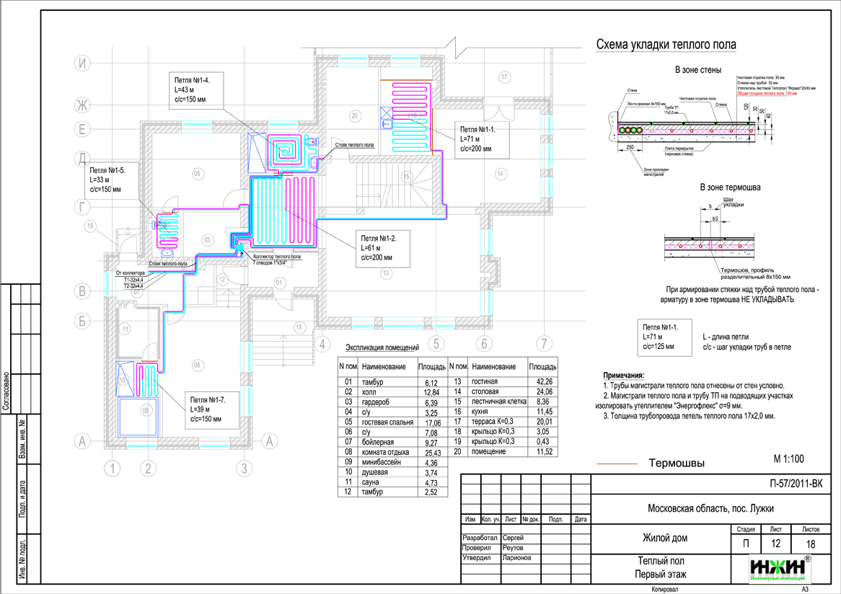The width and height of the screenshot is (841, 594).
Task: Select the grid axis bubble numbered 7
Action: (544, 343)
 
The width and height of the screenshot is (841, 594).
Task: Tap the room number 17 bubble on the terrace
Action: (504, 76)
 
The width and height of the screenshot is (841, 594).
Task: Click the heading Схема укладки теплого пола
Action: (665, 45)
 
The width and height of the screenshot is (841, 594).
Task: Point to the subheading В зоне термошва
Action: (730, 187)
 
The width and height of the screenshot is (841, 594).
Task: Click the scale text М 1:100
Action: (788, 458)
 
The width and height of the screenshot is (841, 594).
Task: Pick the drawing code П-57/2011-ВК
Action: (785, 484)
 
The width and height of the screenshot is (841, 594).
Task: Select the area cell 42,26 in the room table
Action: (543, 380)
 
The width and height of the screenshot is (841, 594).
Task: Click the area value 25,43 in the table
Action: (431, 451)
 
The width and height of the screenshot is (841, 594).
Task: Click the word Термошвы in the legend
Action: (676, 463)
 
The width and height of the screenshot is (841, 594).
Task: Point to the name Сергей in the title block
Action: (513, 538)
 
